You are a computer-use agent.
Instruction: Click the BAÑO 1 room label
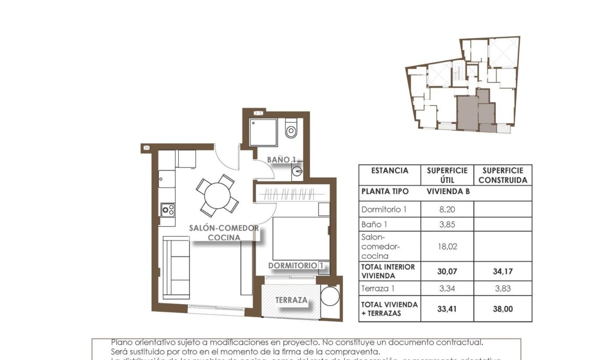coord(281,159)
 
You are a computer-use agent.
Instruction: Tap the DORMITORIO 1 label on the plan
coord(296,265)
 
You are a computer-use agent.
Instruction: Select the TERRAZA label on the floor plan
coord(291,300)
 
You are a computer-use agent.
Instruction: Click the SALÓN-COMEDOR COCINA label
coord(224,233)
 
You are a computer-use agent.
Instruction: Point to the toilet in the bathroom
coord(291,129)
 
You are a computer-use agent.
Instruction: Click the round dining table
coord(217,195)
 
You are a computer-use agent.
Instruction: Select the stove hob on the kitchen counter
coord(168,210)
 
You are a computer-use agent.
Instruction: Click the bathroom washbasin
coord(297,171)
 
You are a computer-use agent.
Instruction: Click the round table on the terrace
coord(330,296)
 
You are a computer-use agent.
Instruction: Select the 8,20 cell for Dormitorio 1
coord(447,209)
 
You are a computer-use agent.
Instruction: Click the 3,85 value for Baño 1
coord(447,224)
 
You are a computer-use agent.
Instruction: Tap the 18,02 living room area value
coord(447,246)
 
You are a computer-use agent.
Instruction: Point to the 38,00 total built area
coord(503,309)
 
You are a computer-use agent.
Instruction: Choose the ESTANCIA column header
coord(390,171)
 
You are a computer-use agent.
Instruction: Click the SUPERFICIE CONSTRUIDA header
coord(503,175)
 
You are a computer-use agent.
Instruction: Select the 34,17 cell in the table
coord(503,272)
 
